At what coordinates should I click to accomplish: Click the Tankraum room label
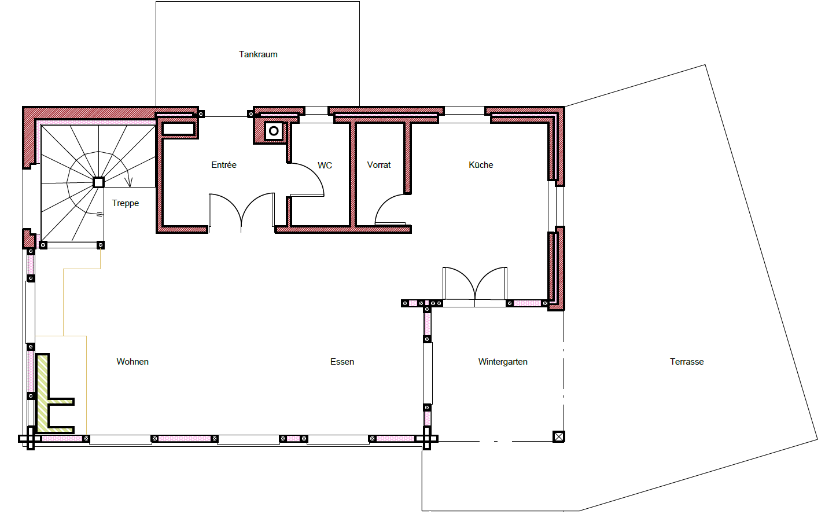pos(258,54)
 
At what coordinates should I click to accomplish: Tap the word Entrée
pos(224,165)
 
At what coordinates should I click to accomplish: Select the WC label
pos(325,166)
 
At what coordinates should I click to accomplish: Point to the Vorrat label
pos(378,165)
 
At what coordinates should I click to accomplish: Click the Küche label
pos(481,165)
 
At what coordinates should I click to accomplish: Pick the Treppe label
pos(125,203)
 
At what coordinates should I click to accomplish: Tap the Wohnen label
pos(132,362)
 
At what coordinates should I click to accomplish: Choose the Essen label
pos(342,362)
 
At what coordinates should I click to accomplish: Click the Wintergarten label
pos(503,362)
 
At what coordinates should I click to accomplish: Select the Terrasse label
pos(687,362)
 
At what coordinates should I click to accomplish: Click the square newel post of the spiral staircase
pos(98,182)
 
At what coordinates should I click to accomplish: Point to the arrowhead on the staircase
pos(128,182)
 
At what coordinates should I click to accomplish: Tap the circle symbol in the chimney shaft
pos(274,131)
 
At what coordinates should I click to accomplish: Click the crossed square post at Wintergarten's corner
pos(559,436)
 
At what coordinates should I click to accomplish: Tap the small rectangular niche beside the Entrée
pos(179,129)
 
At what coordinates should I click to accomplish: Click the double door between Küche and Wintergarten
pos(475,284)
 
